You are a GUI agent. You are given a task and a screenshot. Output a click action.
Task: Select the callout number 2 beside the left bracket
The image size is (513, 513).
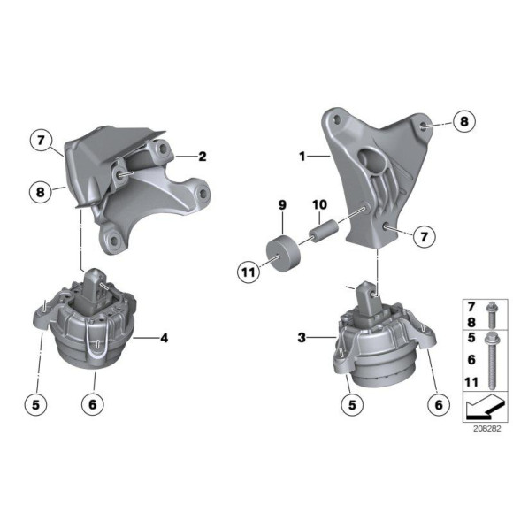pyautogui.click(x=203, y=157)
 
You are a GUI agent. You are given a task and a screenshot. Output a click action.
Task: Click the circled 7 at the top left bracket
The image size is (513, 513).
pyautogui.click(x=42, y=140)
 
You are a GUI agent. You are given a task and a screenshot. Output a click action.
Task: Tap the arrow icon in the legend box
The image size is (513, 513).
pyautogui.click(x=483, y=410)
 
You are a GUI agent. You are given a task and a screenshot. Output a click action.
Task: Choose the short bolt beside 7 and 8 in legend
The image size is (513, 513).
pyautogui.click(x=492, y=316)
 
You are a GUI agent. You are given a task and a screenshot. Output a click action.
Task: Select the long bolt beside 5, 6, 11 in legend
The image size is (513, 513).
pyautogui.click(x=492, y=364)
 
